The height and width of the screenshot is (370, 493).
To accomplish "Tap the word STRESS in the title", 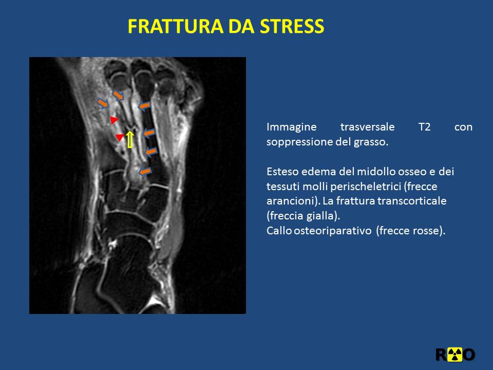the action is (x=292, y=26).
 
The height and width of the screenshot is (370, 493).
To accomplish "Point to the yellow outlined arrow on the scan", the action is (x=130, y=140).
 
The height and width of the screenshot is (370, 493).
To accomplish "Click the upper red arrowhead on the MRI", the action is (x=114, y=120).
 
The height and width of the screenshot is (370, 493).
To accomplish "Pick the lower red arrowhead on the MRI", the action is (x=120, y=137).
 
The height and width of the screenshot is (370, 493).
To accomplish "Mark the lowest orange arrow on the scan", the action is (x=145, y=172).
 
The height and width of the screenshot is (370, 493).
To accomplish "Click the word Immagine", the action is (x=292, y=127).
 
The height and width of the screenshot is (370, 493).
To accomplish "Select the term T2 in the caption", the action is (x=425, y=127).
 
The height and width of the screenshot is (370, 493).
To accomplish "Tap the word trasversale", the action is (x=367, y=127).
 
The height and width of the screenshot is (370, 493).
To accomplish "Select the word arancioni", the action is (x=291, y=201).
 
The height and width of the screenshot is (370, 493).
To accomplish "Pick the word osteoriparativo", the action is (x=333, y=231).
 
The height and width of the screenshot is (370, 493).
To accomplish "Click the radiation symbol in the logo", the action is (x=455, y=355).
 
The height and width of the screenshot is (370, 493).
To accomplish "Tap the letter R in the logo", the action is (x=442, y=355).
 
